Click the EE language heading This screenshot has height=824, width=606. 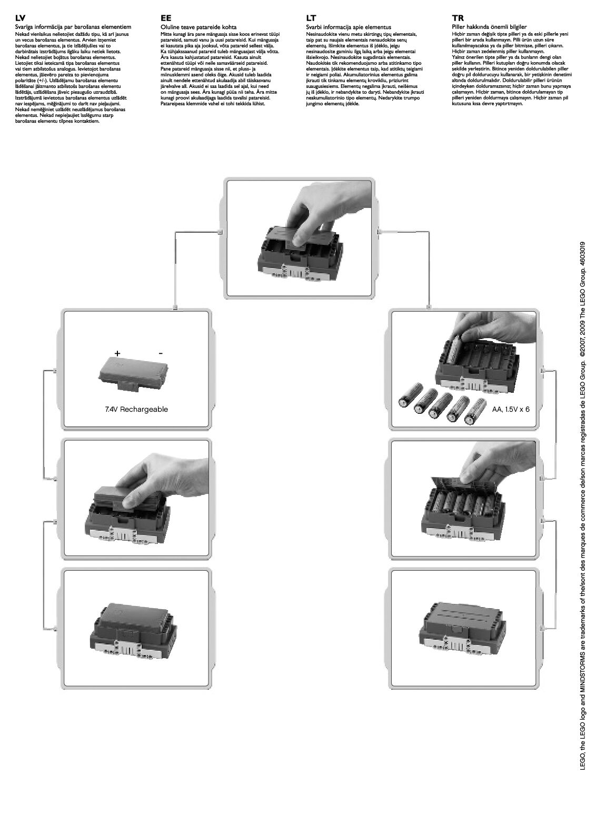click(166, 18)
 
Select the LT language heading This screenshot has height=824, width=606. click(311, 18)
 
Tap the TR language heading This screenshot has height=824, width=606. click(458, 18)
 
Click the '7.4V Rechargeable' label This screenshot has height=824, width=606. click(136, 409)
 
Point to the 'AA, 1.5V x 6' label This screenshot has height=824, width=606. click(511, 409)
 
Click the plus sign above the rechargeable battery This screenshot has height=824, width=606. click(117, 353)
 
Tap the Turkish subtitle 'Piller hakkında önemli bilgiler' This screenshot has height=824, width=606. click(489, 26)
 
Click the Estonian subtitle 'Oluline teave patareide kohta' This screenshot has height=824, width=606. click(198, 26)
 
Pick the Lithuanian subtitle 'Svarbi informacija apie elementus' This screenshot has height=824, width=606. click(348, 26)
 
